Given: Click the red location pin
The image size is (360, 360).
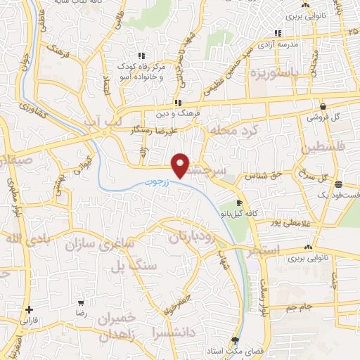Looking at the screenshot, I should pos(181,165).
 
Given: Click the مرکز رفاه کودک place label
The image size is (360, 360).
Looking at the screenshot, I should pos(142,67).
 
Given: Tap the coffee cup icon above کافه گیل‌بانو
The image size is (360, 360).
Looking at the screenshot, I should pos(240,203).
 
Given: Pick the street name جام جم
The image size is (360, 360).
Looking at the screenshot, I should pos(301,308).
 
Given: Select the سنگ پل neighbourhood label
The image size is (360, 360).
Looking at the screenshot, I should pos(128,266).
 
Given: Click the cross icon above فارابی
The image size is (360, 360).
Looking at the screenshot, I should pos(28,309).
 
